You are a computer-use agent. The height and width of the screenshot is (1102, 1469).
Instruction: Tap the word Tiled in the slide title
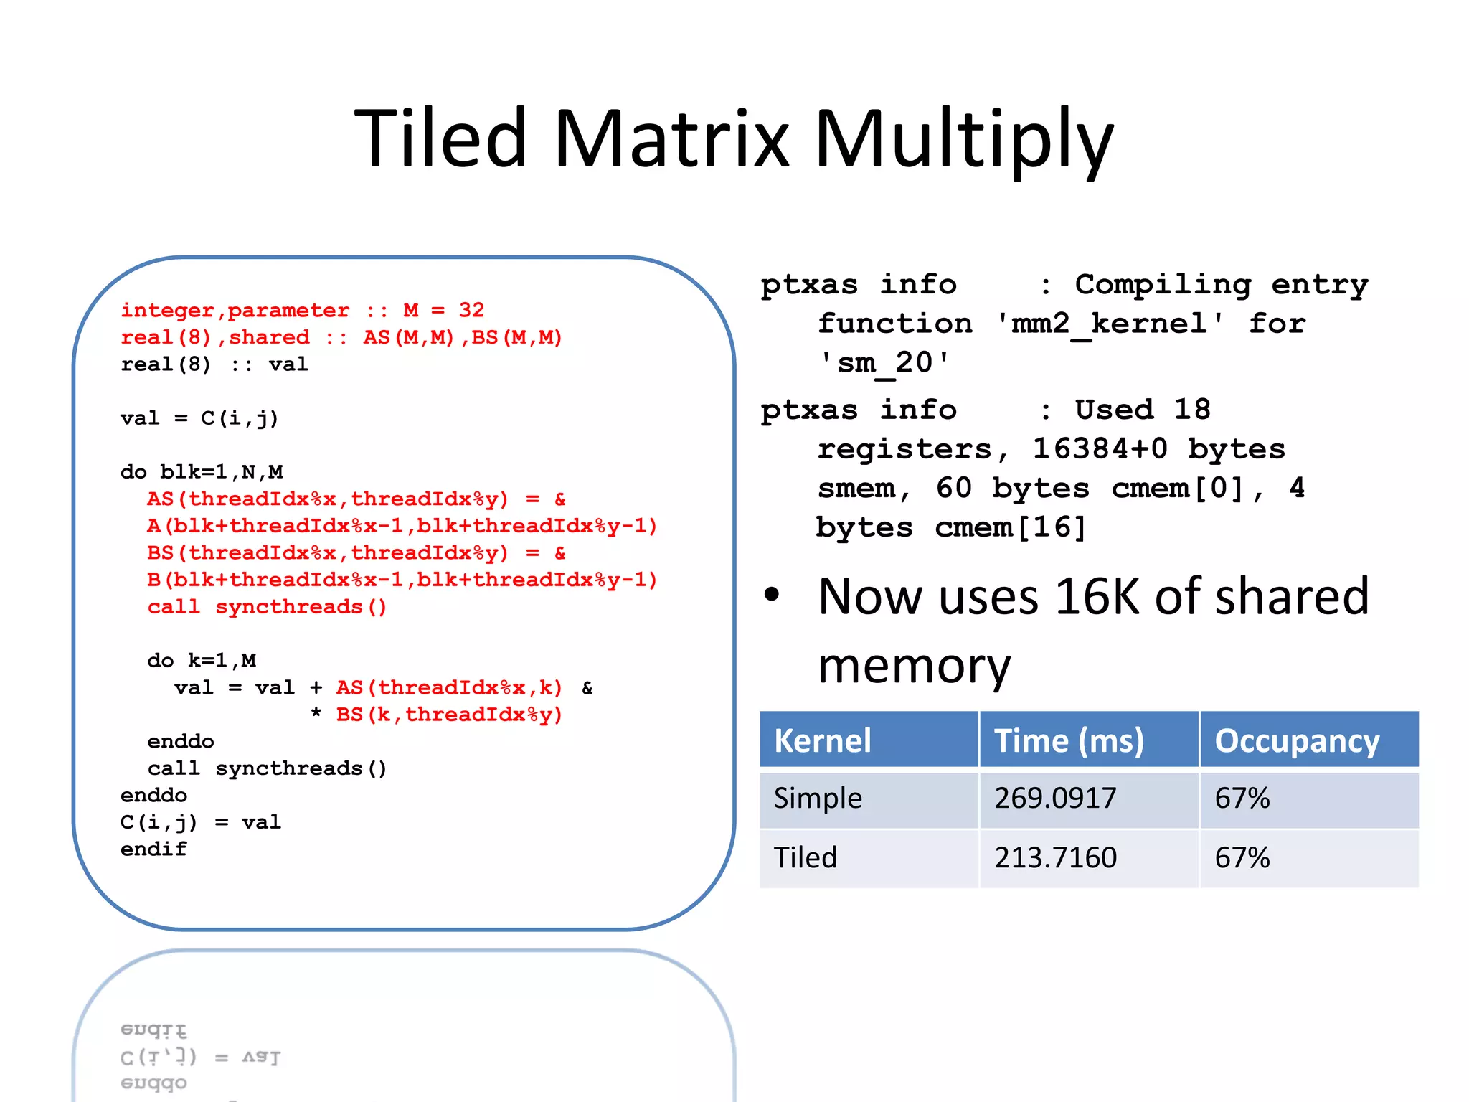[440, 138]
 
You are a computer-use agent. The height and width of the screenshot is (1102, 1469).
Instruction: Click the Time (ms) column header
[1069, 740]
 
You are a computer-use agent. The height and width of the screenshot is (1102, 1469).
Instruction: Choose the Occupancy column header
[1297, 740]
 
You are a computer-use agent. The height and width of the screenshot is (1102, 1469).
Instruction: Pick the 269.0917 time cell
[1055, 798]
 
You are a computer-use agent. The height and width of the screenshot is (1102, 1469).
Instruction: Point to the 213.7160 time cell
[1055, 857]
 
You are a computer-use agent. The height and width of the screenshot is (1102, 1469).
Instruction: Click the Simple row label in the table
[818, 798]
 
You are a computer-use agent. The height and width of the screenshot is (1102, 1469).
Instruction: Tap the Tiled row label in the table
[805, 857]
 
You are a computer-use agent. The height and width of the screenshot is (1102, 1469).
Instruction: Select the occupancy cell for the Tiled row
[1242, 857]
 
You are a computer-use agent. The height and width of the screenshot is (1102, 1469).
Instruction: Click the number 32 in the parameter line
[471, 310]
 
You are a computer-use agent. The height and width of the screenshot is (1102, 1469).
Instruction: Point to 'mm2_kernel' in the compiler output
[1110, 324]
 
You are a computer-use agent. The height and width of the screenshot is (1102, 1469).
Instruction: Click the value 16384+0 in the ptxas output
[1100, 449]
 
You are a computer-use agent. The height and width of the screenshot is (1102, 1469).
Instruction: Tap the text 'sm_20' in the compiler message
[885, 363]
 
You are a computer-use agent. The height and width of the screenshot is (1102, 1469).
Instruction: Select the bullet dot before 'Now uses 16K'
[772, 594]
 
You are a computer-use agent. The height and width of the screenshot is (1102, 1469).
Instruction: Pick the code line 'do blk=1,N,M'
[202, 472]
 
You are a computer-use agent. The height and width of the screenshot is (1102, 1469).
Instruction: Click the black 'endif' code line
[153, 849]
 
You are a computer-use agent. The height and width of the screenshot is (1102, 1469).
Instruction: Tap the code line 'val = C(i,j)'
[199, 418]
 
